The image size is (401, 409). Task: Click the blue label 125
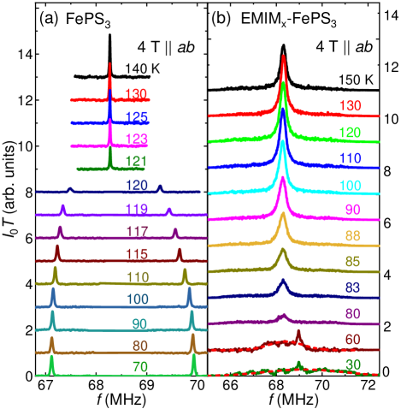[x=136, y=116]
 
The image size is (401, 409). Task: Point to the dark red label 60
[x=352, y=340]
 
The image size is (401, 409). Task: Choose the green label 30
[x=352, y=365]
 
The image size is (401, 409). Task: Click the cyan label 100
[x=349, y=185]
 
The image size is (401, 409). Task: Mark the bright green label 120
[x=349, y=133]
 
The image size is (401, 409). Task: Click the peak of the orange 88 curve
[x=282, y=215]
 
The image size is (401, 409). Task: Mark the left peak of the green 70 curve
[x=51, y=358]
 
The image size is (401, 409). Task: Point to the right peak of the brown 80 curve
[x=192, y=335]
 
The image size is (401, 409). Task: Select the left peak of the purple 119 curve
[x=63, y=206]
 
